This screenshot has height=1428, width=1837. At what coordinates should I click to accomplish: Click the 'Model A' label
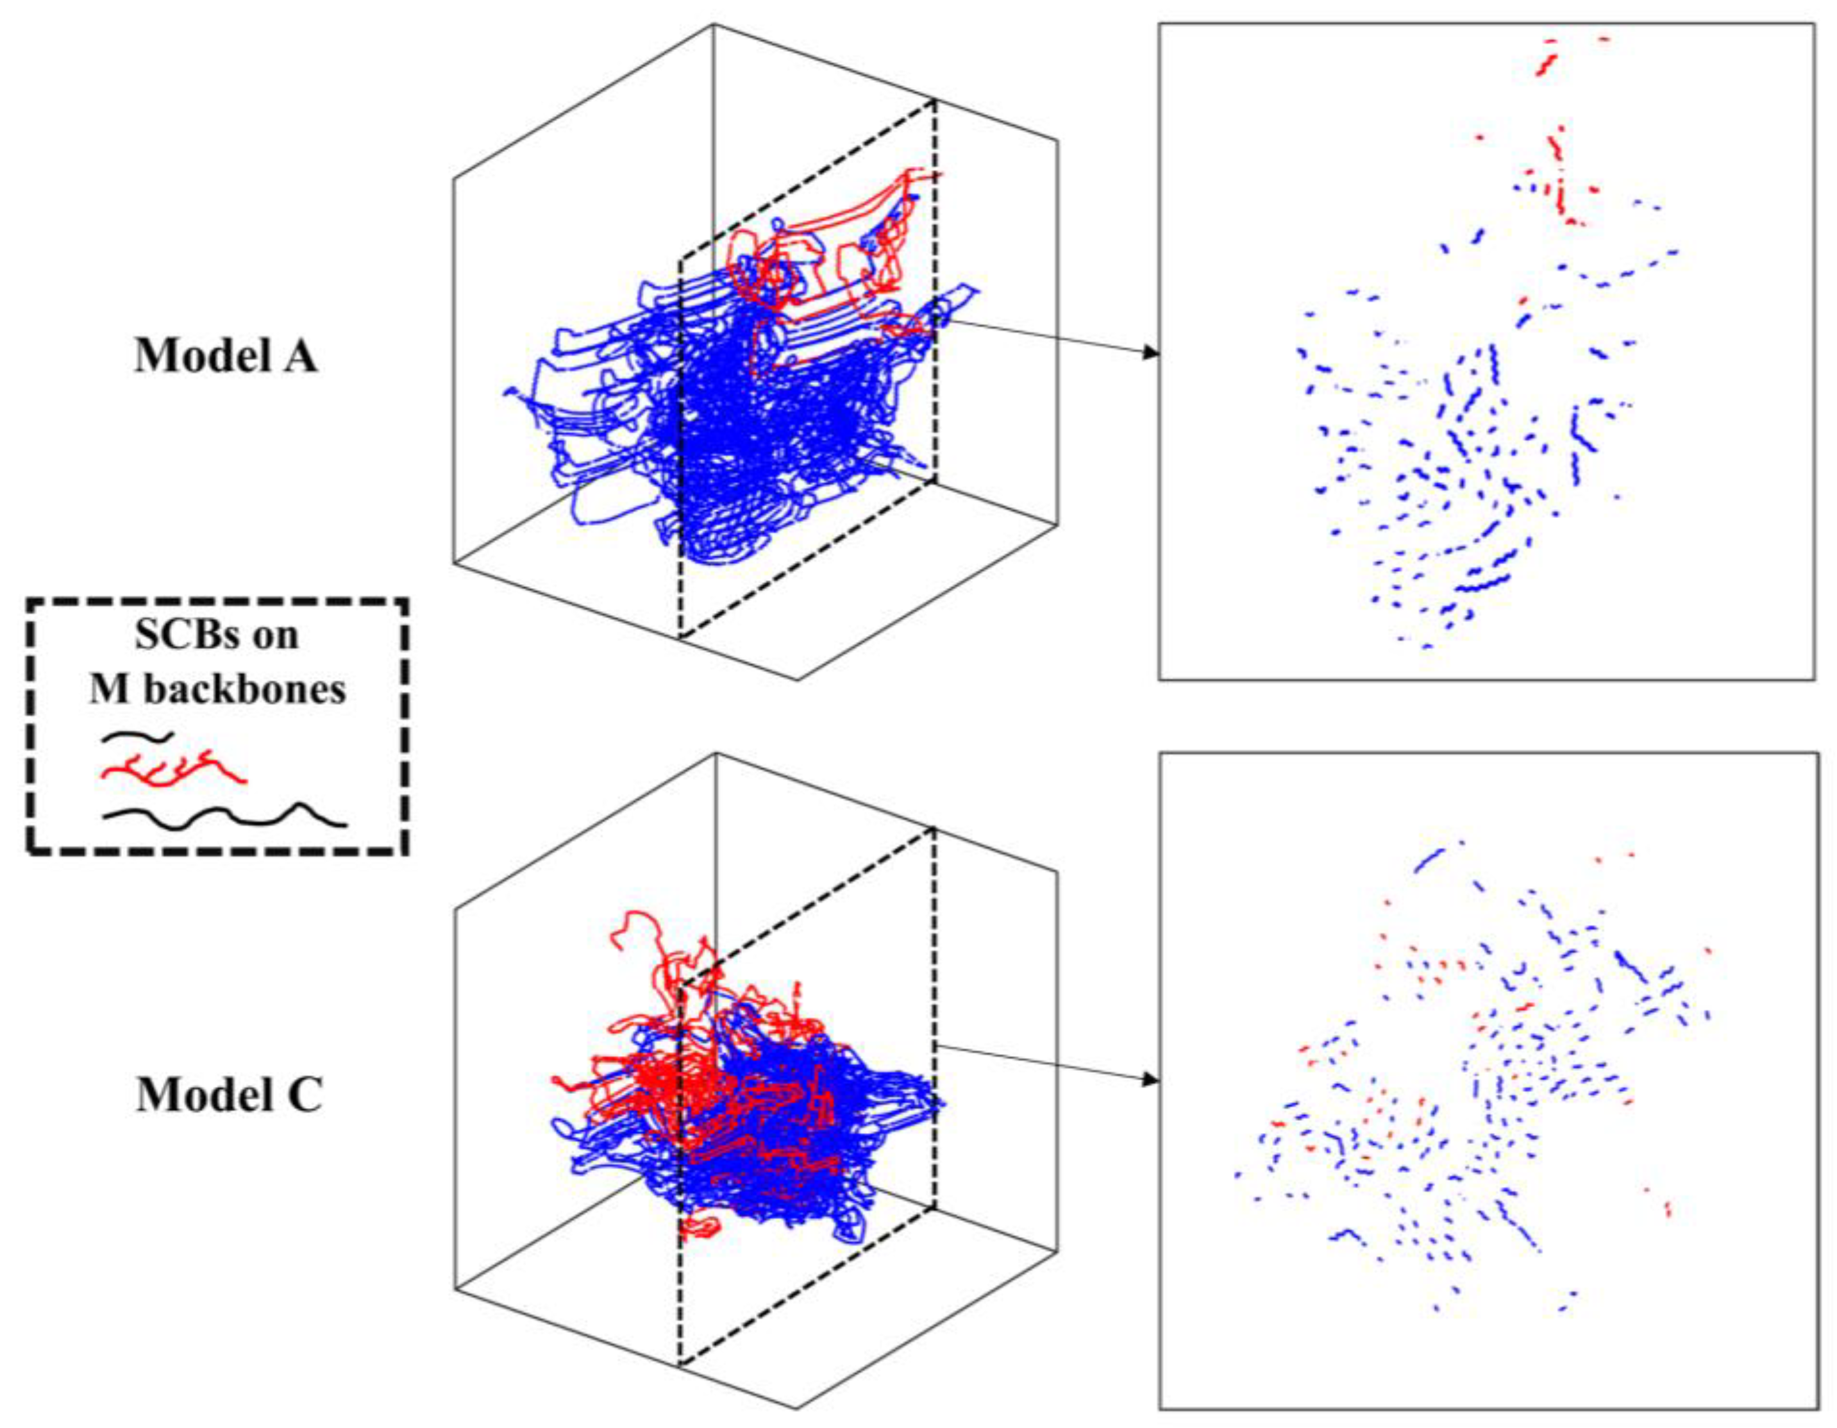tap(226, 357)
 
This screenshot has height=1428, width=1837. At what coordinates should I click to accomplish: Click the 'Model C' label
tap(229, 1096)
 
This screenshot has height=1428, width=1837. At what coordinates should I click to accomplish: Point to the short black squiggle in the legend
tap(137, 737)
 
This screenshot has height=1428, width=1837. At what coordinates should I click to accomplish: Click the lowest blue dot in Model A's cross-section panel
tap(1427, 646)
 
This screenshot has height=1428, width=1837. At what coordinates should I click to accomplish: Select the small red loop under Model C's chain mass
tap(700, 1227)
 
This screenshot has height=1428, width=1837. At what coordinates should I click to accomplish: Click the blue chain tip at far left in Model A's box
tap(508, 392)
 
